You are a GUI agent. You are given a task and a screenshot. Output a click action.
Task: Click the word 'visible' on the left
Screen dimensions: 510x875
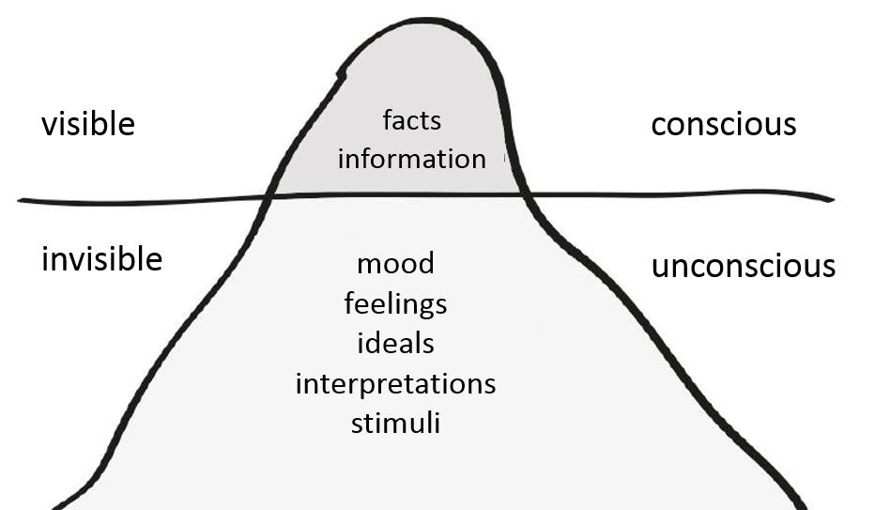point(87,124)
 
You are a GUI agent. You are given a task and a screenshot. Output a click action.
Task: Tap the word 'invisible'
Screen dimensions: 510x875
point(101,258)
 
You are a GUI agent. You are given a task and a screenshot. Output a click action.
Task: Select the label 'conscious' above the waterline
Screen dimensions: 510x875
point(723,124)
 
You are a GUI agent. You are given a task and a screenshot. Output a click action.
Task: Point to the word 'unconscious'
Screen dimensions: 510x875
point(743,266)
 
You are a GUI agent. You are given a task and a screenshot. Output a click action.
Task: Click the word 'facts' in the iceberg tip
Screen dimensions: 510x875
point(411,119)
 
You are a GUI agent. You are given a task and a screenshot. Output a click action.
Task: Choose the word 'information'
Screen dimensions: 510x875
point(411,158)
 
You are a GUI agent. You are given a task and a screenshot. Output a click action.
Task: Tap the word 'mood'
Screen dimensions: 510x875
point(395,263)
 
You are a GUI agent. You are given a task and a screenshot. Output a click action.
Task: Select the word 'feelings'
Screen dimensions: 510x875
point(395,304)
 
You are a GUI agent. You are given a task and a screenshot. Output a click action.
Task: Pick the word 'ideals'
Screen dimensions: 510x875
point(395,343)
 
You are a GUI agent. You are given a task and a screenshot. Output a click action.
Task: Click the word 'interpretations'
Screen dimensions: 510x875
point(395,384)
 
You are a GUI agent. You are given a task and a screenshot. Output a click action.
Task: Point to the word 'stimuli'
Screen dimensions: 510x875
point(395,423)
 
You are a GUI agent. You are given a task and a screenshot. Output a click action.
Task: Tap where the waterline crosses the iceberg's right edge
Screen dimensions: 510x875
point(524,194)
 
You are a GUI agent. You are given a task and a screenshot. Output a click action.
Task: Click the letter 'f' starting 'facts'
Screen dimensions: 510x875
point(388,119)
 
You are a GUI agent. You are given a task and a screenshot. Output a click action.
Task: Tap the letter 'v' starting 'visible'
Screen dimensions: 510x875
point(49,126)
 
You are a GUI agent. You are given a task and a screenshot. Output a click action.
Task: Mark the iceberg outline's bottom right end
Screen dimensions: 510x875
point(803,503)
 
